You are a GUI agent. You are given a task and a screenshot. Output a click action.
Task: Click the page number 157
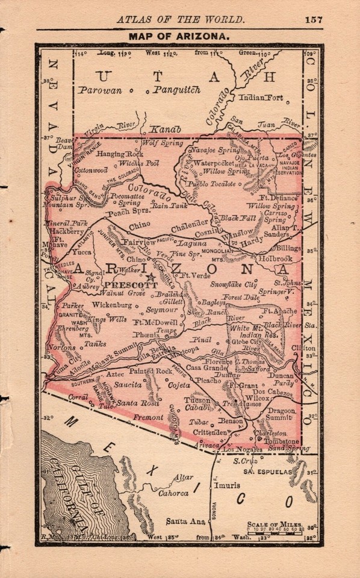coord(313,19)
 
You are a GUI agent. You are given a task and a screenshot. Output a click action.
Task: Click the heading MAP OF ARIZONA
coord(179,37)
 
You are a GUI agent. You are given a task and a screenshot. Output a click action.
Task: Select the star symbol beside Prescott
coord(151,278)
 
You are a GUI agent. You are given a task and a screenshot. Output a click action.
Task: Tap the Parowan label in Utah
coord(100,90)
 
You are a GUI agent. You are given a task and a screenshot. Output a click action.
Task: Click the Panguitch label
coord(176,90)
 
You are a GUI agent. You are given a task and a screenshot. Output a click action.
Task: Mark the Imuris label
coord(230,483)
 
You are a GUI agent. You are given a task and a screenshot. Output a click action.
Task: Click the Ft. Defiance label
coord(278,197)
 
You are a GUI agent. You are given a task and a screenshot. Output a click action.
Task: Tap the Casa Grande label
coord(205,367)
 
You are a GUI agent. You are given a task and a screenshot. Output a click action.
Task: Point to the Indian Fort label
coord(261,97)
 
